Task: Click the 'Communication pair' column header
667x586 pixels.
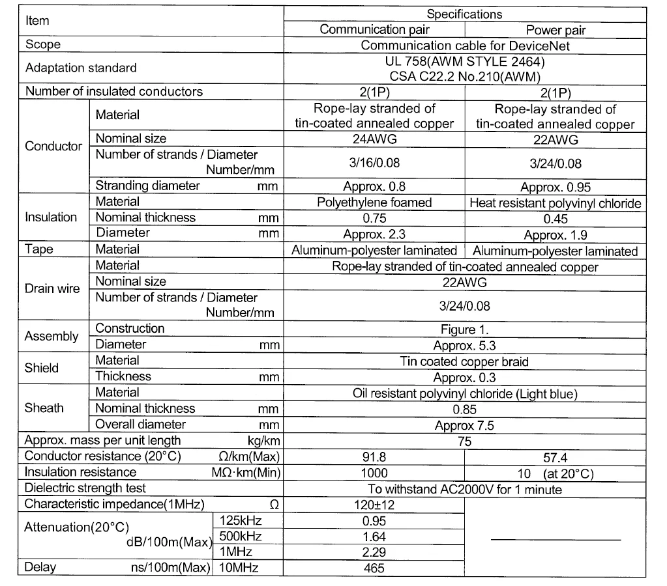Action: pyautogui.click(x=374, y=29)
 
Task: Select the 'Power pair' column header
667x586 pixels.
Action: pyautogui.click(x=556, y=30)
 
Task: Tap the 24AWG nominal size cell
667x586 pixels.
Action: pyautogui.click(x=374, y=139)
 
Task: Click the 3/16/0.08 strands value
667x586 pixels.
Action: pyautogui.click(x=374, y=163)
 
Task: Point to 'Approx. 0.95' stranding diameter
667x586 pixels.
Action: pyautogui.click(x=556, y=187)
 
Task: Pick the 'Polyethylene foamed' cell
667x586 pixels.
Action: pyautogui.click(x=374, y=202)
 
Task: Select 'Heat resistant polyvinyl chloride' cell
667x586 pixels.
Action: pyautogui.click(x=556, y=203)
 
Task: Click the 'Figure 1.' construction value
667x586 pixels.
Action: pyautogui.click(x=465, y=329)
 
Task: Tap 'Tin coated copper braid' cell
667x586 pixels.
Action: pyautogui.click(x=465, y=361)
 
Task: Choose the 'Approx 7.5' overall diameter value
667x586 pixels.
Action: pyautogui.click(x=465, y=426)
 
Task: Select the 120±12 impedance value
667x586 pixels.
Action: pyautogui.click(x=374, y=505)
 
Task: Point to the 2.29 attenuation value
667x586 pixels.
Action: pyautogui.click(x=374, y=552)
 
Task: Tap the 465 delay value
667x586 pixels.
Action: pyautogui.click(x=374, y=568)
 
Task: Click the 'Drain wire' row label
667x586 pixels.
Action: pyautogui.click(x=52, y=288)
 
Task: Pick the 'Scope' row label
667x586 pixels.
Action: pyautogui.click(x=43, y=45)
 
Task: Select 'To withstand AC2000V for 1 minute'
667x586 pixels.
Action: pyautogui.click(x=465, y=489)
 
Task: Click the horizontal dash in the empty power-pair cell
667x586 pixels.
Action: pyautogui.click(x=556, y=539)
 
